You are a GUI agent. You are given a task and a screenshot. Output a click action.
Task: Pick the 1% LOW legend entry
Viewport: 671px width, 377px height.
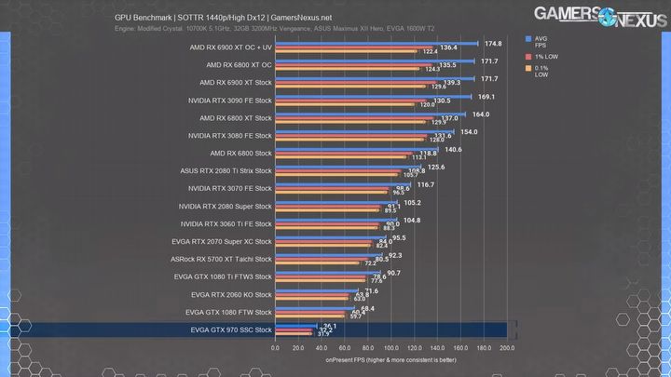[544, 57]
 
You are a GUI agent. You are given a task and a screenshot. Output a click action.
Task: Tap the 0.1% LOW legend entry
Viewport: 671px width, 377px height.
[541, 72]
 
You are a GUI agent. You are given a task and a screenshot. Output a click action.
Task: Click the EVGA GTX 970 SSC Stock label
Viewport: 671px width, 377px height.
[230, 330]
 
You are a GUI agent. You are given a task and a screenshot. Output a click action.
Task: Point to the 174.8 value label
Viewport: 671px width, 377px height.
[493, 43]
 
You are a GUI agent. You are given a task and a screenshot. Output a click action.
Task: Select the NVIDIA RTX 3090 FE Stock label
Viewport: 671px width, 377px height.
[229, 100]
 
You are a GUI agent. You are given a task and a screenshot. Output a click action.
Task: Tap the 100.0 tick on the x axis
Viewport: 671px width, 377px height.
[390, 348]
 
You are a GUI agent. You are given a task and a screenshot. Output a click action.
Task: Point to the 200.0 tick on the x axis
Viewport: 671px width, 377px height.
[506, 348]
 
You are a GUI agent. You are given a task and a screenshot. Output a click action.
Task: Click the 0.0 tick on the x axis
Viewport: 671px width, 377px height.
[275, 348]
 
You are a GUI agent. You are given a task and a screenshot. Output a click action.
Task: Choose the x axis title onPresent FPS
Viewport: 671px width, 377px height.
[390, 360]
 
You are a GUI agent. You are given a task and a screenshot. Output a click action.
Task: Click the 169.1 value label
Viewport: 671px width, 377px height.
[486, 96]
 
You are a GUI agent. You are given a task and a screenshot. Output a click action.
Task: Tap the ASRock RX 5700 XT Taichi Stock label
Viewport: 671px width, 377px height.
[224, 259]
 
